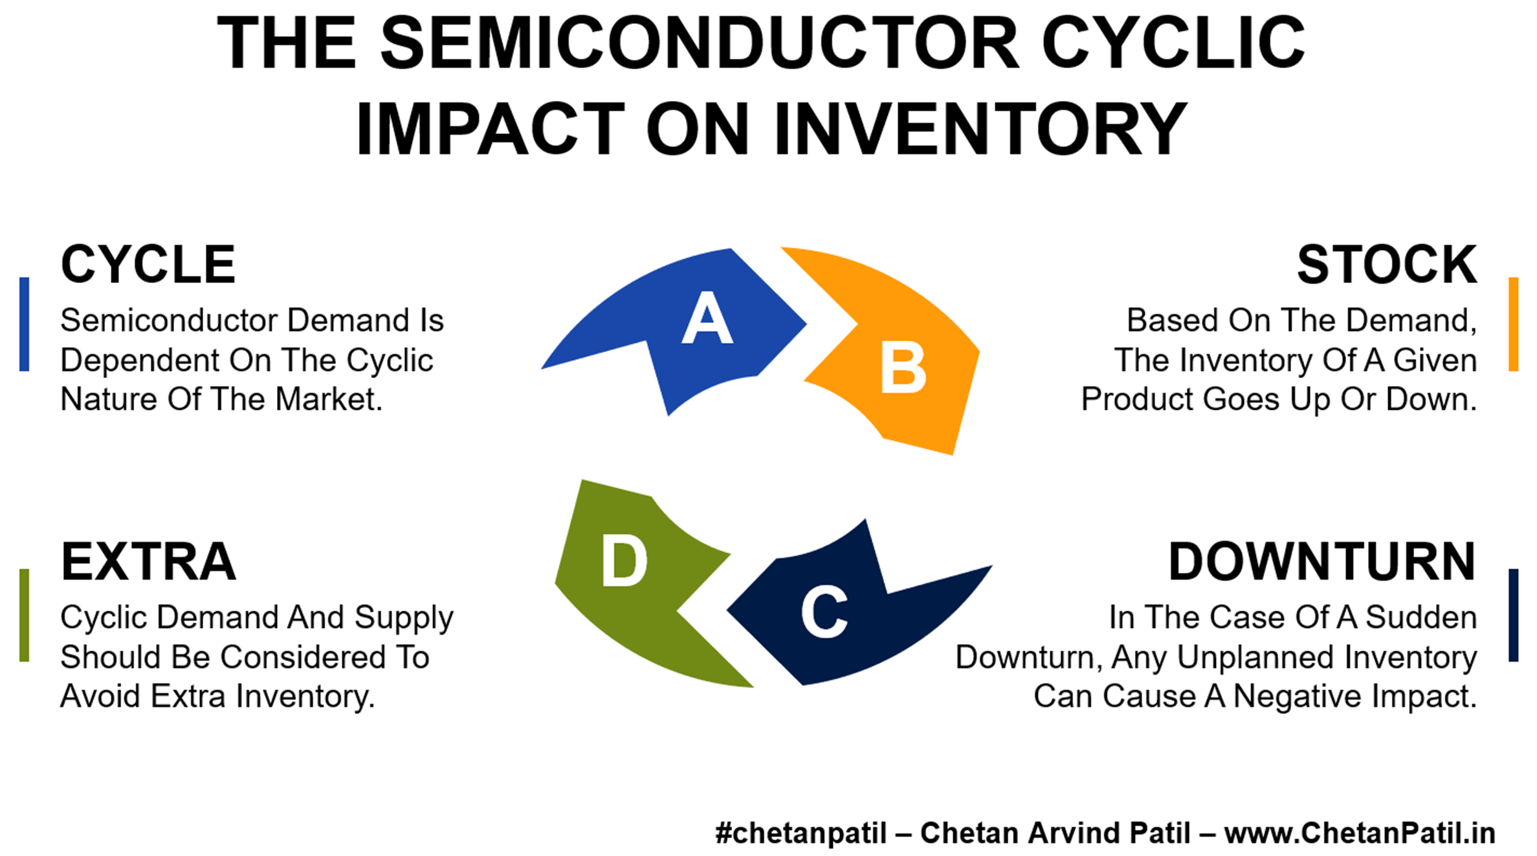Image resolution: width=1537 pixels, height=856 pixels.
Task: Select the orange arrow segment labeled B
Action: pos(906,363)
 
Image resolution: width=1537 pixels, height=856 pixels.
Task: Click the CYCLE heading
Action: pos(148,264)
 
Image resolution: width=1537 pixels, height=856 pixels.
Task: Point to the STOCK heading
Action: pos(1387,264)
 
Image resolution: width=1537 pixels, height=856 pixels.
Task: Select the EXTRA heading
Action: pos(148,561)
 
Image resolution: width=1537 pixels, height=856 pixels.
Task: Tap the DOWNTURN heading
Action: pos(1323,561)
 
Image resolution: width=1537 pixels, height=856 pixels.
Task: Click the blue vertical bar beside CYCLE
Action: pos(25,324)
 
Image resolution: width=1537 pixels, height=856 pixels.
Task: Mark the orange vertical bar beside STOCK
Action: pos(1513,324)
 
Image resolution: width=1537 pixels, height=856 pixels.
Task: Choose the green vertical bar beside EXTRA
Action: pos(25,615)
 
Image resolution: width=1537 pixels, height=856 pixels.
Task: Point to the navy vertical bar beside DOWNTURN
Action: pos(1513,615)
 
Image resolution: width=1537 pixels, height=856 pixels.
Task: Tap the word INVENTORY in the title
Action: pos(980,129)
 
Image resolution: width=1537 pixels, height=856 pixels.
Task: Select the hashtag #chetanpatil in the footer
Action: pos(801,833)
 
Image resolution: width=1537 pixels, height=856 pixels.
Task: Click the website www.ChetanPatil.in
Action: pos(1360,833)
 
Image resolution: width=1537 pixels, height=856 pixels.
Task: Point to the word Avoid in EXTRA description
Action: pos(101,697)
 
